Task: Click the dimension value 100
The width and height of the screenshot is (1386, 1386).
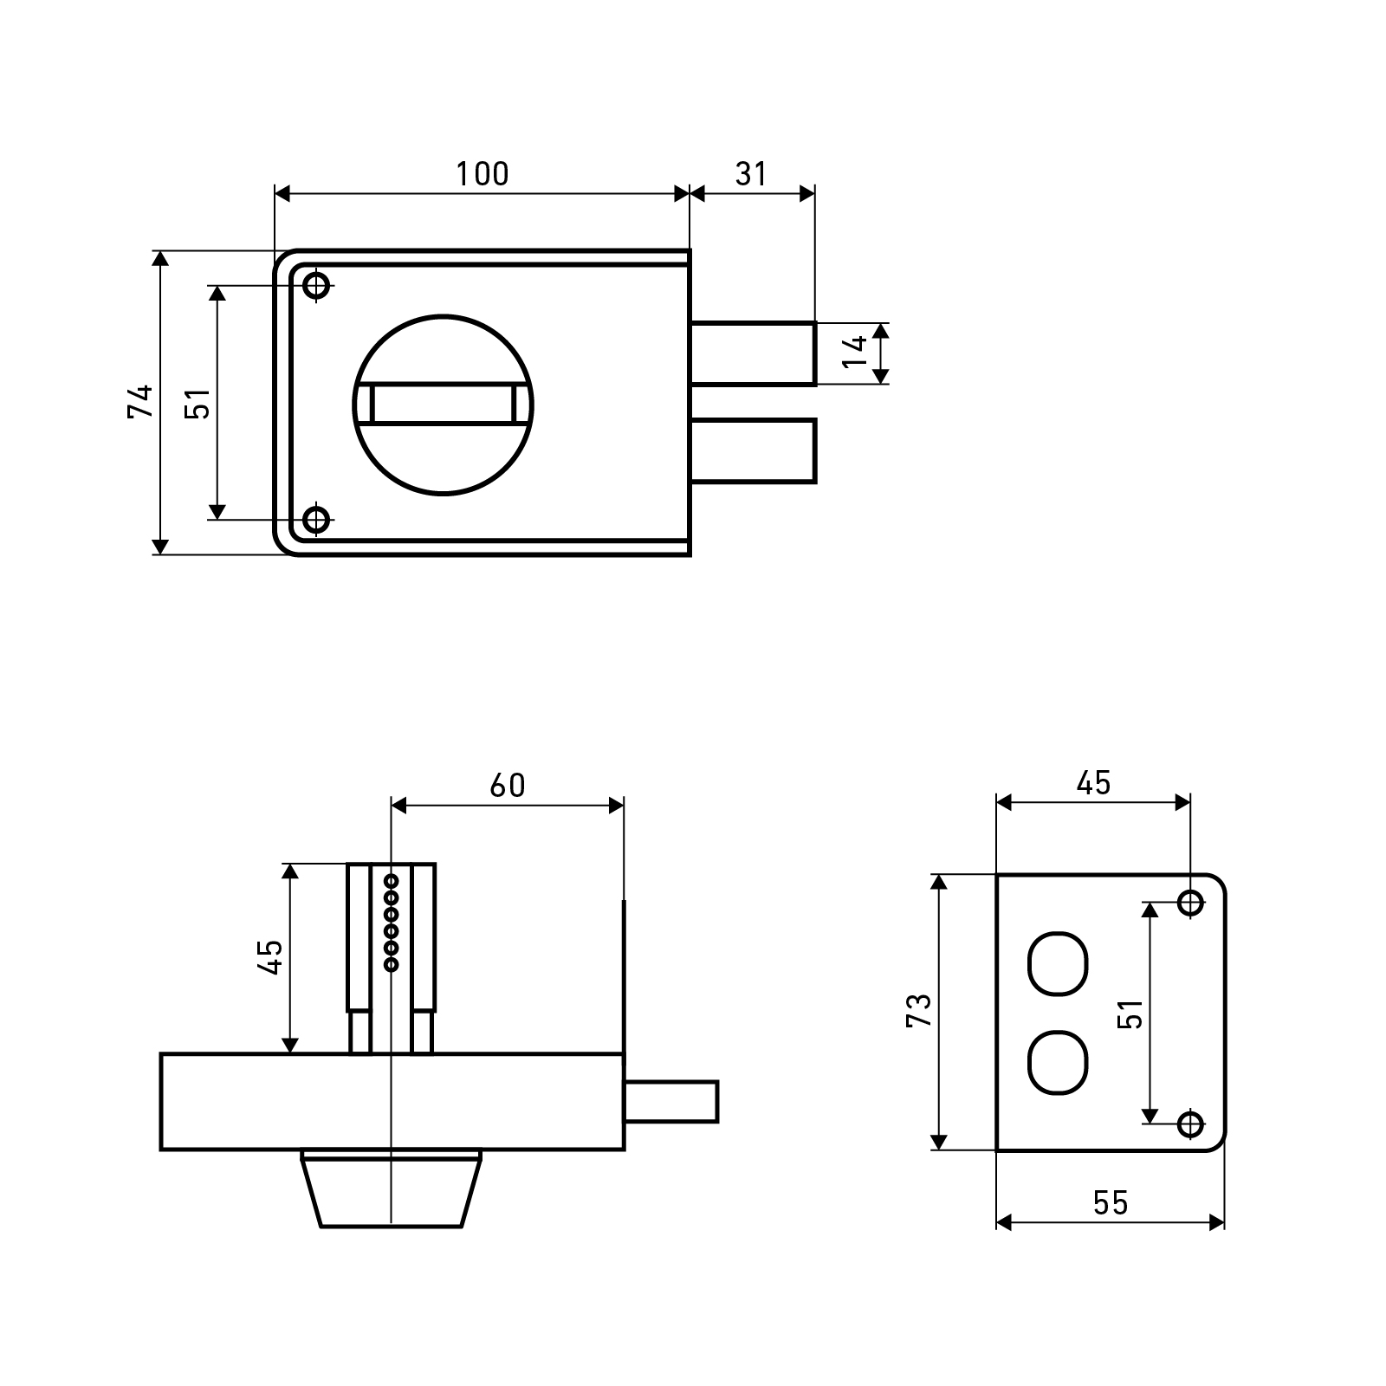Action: pos(483,174)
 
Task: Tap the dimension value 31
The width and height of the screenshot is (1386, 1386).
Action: pos(751,174)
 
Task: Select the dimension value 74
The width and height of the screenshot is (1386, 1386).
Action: pos(140,401)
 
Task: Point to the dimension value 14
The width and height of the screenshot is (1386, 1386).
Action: pos(854,353)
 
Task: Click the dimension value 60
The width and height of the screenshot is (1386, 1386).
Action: pos(508,785)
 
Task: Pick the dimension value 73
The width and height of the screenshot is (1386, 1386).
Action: pos(918,1011)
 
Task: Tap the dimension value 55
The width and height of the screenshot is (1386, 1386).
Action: pos(1111,1202)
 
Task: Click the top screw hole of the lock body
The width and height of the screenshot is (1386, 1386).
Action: pos(318,285)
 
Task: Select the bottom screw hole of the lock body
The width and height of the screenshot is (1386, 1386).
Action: pos(318,520)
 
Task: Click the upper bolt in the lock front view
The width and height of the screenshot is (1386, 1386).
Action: pos(754,353)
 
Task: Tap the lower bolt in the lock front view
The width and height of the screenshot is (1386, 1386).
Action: pos(754,450)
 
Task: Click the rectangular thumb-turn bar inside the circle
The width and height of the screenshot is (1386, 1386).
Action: pos(443,404)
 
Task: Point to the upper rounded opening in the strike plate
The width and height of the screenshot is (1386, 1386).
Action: pos(1057,962)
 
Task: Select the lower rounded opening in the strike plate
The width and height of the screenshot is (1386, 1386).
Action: pos(1057,1061)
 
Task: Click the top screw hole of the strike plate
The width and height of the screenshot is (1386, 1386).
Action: pos(1191,903)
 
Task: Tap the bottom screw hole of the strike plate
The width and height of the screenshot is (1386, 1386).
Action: pos(1191,1124)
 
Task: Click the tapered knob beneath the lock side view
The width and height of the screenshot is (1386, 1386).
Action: pos(392,1188)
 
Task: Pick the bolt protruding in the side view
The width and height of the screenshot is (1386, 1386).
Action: pos(671,1102)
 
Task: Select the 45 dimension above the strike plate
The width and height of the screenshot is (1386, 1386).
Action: pos(1093,782)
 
